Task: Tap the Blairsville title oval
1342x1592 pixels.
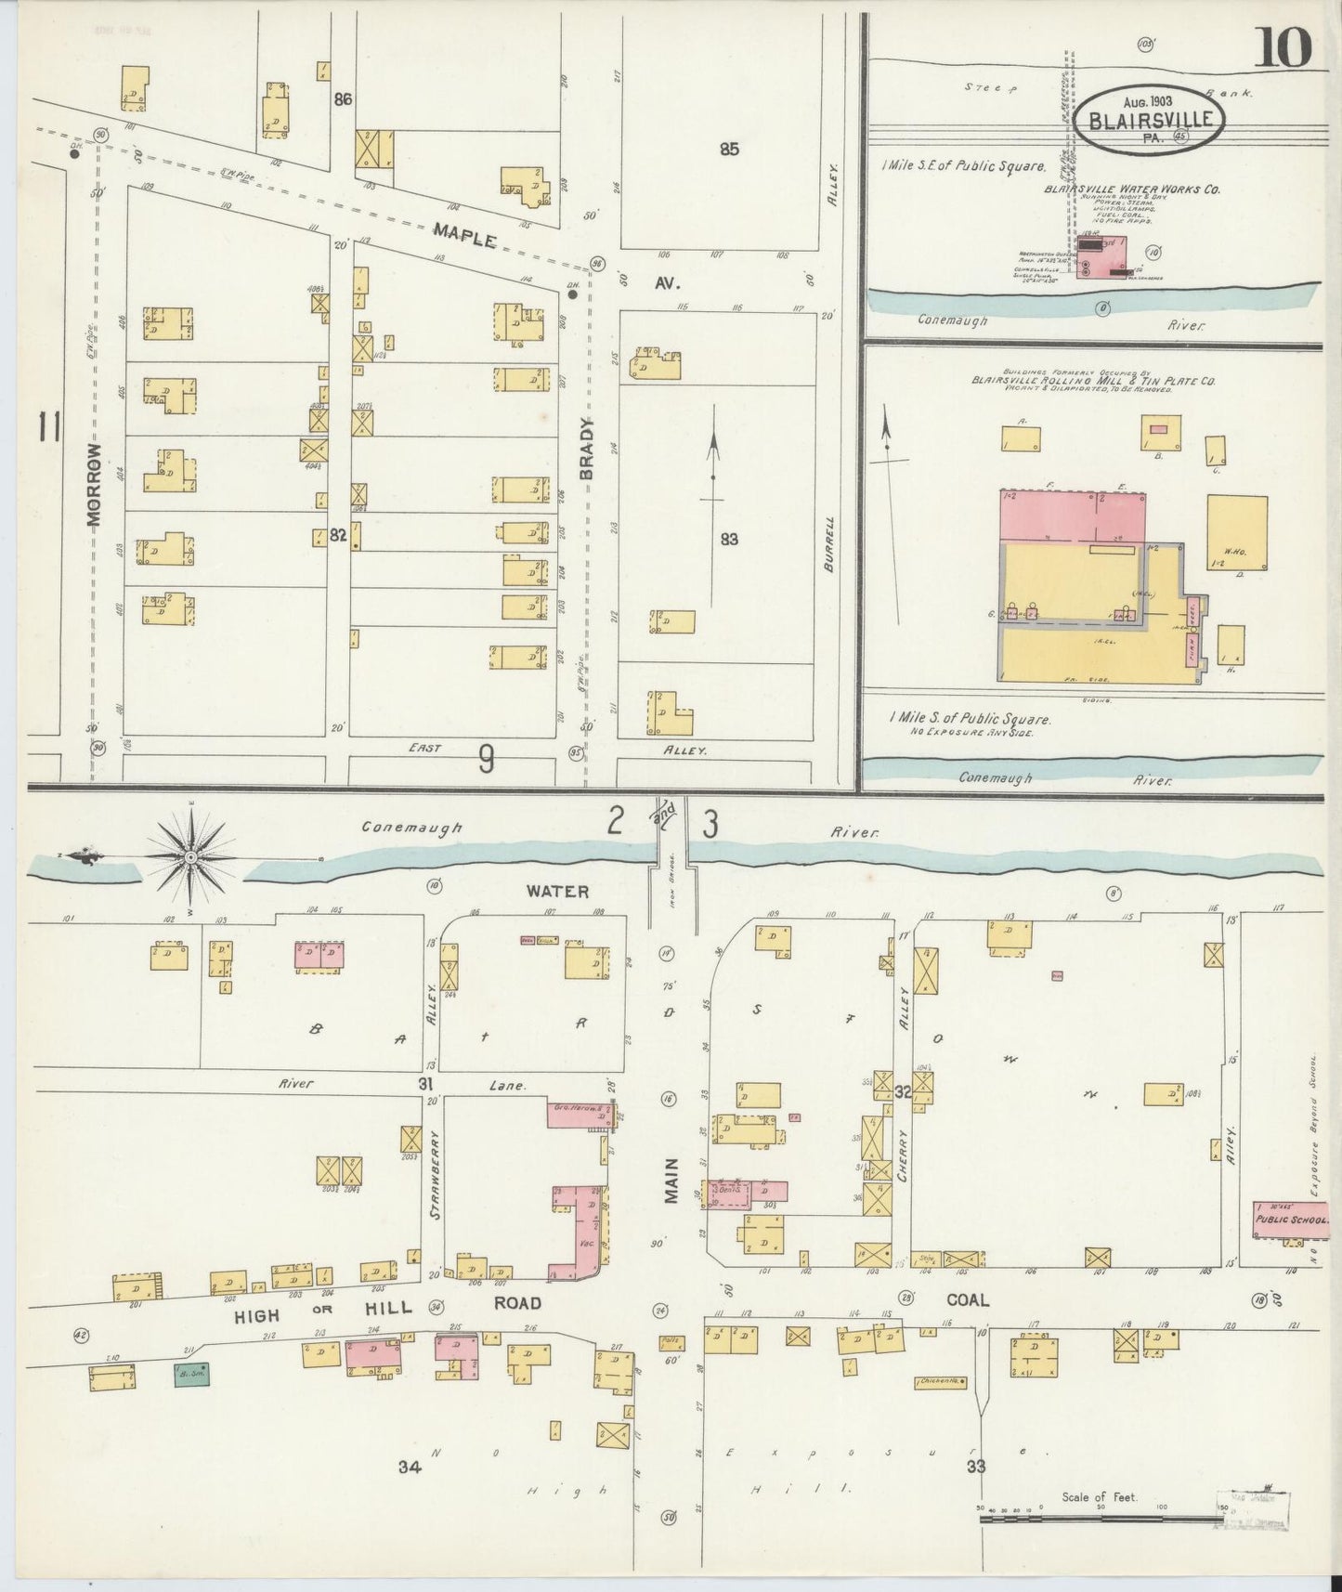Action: point(1150,119)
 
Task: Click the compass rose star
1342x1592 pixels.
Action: point(190,853)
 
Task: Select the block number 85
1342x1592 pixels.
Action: point(729,148)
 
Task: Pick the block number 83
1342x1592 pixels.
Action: point(729,538)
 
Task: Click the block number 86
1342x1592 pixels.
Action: point(343,98)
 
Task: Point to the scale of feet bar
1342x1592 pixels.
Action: point(1101,1520)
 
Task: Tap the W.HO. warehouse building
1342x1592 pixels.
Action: point(1237,532)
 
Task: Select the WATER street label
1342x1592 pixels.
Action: point(557,891)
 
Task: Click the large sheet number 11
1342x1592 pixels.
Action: point(48,429)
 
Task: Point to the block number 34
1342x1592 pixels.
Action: point(410,1468)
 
